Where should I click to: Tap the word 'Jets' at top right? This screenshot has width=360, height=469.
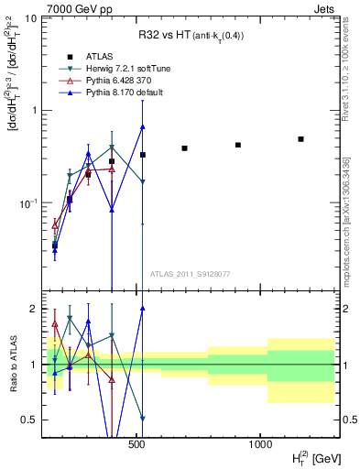pyautogui.click(x=324, y=8)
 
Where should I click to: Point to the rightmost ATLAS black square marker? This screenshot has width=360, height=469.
pyautogui.click(x=300, y=139)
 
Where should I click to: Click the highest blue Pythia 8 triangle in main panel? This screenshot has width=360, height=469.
pyautogui.click(x=143, y=126)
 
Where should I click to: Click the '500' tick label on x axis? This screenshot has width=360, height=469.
pyautogui.click(x=137, y=445)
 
